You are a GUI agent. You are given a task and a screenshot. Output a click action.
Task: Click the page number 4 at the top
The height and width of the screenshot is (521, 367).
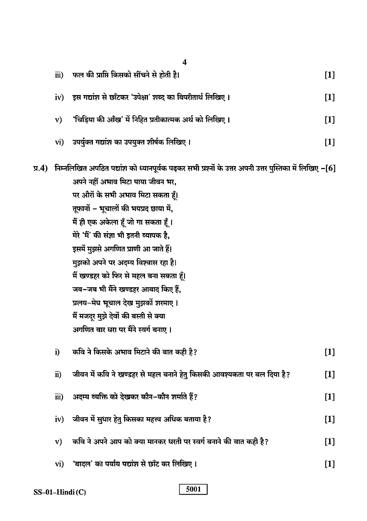point(184,62)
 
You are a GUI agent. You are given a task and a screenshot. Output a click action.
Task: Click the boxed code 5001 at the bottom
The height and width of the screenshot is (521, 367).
point(193,489)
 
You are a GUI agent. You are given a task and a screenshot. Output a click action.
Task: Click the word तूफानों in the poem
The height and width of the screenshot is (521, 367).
point(83,209)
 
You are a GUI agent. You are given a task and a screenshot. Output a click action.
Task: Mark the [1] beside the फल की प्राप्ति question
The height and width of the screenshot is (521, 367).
point(330,75)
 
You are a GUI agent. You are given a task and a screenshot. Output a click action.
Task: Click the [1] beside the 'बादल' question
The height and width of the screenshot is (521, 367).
point(330,464)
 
